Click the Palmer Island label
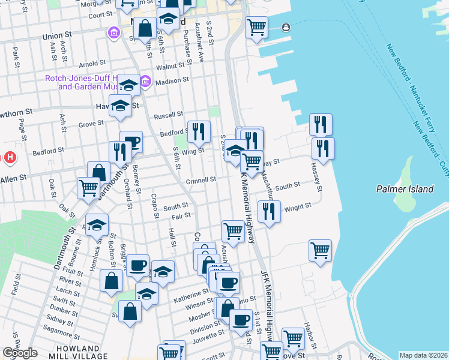[405, 189]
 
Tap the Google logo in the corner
[20, 353]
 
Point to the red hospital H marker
[10, 158]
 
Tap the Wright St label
[298, 206]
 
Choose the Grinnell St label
[200, 179]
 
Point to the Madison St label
[172, 79]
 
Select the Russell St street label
[168, 114]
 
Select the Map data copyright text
[423, 355]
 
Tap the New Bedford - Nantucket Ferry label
[408, 90]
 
